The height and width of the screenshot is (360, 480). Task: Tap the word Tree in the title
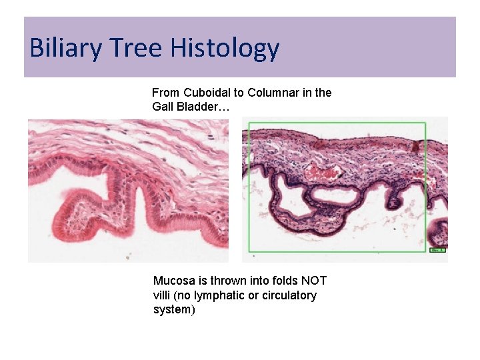tap(131, 49)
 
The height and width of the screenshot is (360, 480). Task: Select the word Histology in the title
tap(225, 49)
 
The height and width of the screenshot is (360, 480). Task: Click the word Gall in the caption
tap(163, 107)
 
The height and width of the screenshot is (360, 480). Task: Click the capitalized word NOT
tap(314, 281)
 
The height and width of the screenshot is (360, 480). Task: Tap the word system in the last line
tap(174, 310)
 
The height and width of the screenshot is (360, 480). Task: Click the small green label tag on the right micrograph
tap(437, 250)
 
